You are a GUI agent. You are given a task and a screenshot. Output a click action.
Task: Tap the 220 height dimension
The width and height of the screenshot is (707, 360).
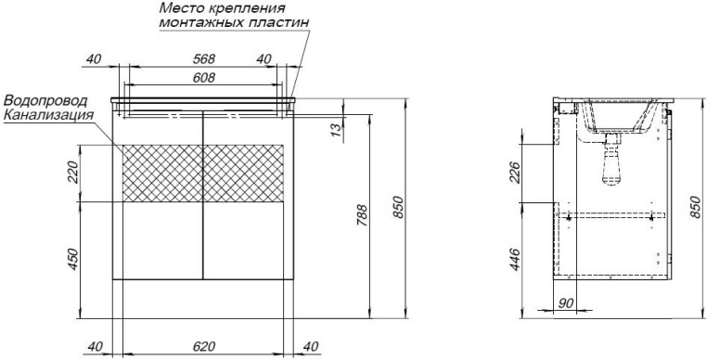click(73, 172)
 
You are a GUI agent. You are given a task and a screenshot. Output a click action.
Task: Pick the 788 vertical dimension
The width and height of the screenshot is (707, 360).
click(363, 214)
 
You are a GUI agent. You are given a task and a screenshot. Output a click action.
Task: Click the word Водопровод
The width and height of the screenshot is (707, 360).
click(46, 100)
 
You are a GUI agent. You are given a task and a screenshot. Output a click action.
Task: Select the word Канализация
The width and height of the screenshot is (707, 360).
click(48, 115)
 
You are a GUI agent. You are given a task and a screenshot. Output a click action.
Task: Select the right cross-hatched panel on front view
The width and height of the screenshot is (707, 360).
click(243, 173)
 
